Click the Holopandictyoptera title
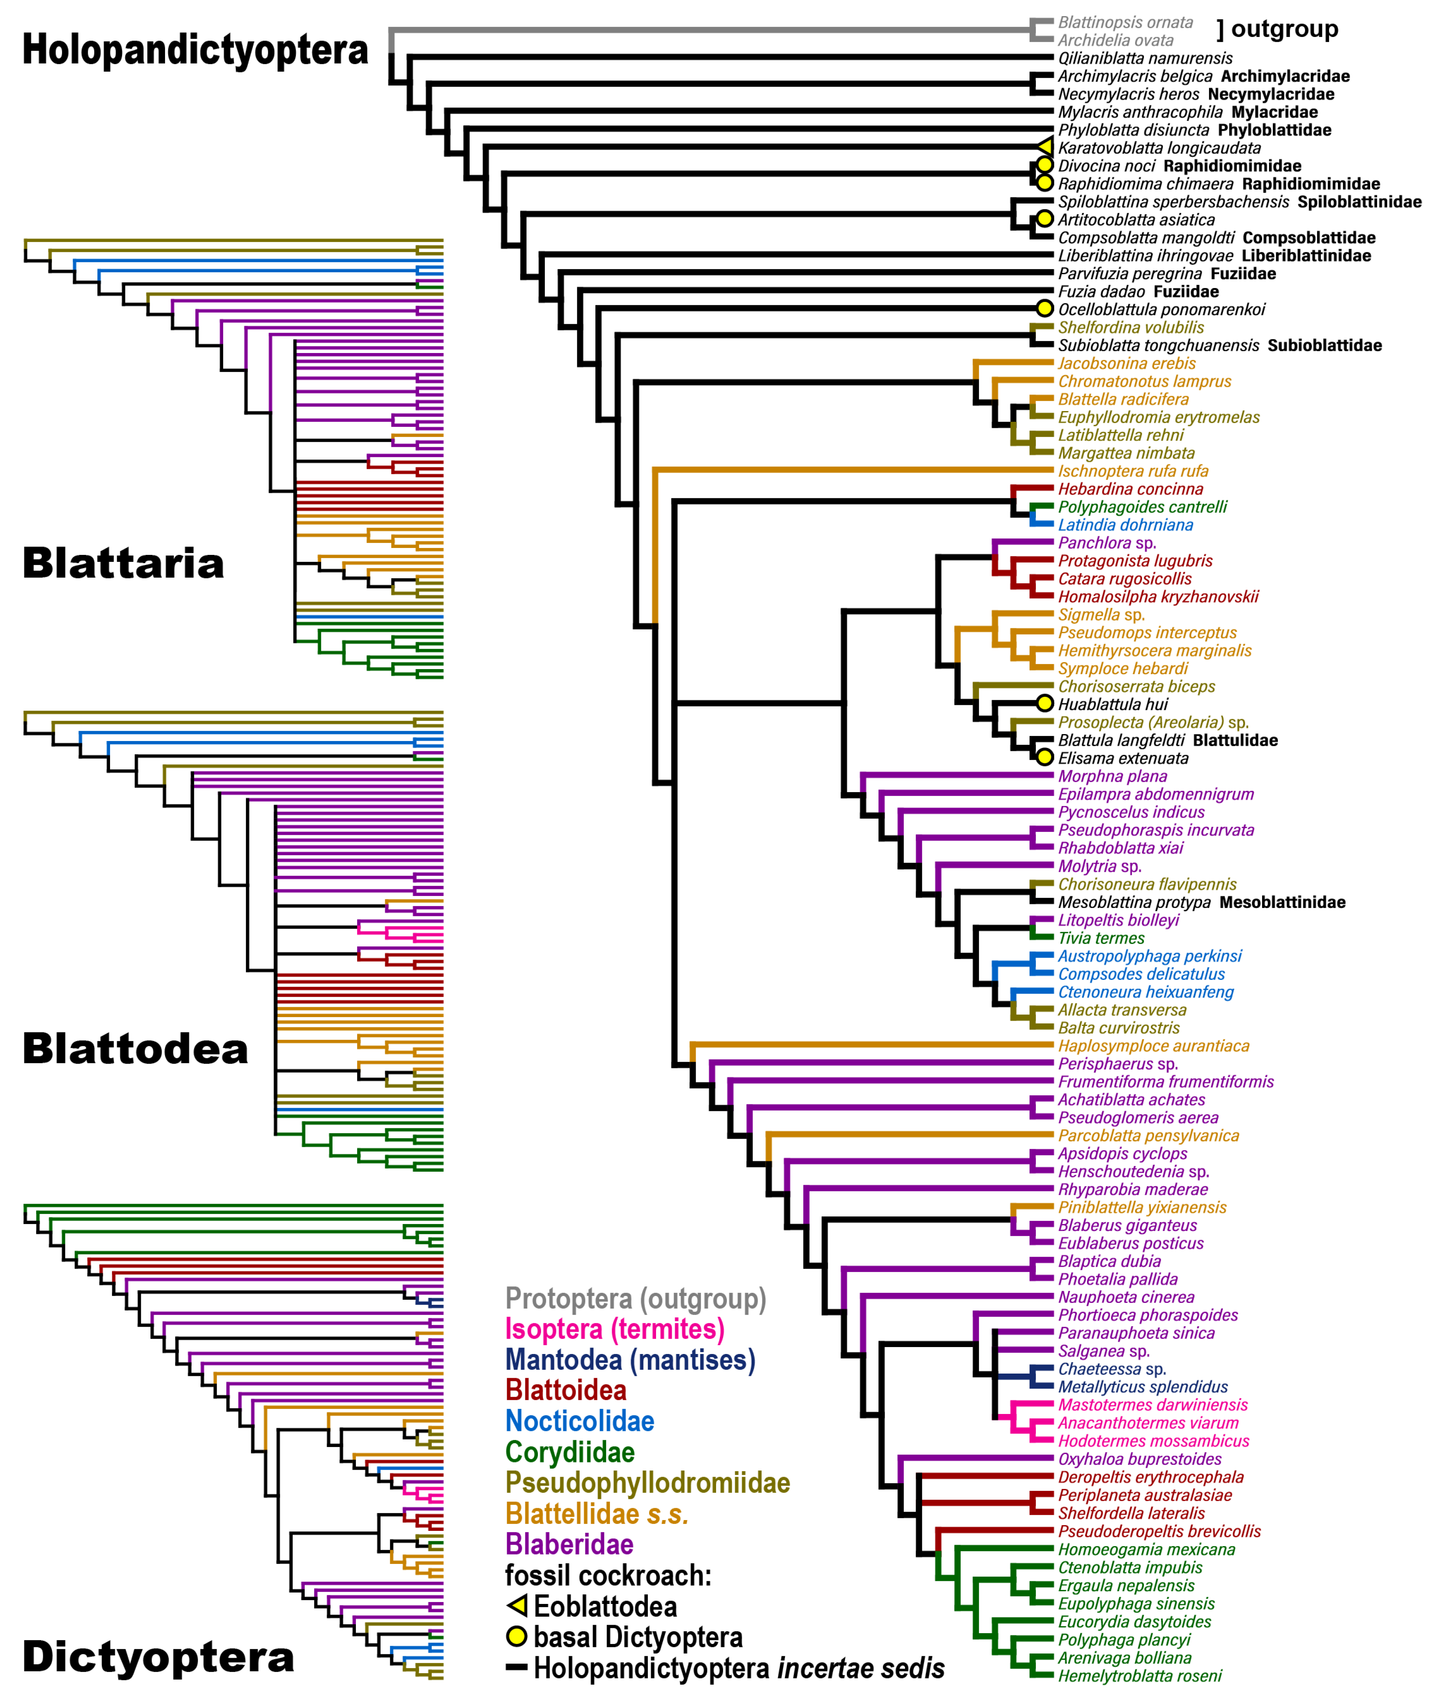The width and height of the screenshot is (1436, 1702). tap(195, 50)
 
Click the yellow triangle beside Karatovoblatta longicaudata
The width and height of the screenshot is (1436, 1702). tap(1046, 147)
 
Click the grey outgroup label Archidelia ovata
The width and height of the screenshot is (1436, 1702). tap(1115, 41)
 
